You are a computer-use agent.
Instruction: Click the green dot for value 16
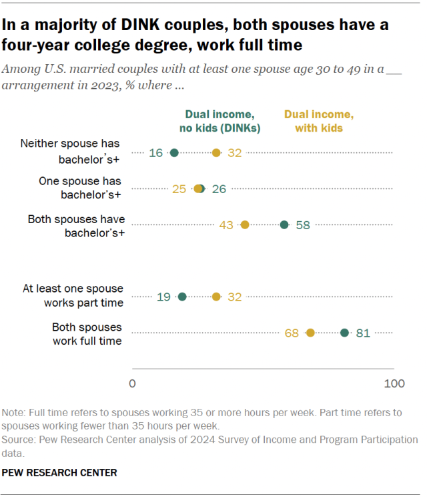(174, 153)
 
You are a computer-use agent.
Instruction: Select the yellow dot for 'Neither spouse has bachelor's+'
(216, 153)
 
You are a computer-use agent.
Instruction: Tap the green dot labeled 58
(284, 225)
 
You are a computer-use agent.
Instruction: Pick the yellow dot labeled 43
(245, 225)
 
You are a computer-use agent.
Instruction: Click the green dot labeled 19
(182, 296)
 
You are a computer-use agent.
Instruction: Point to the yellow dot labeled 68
(310, 332)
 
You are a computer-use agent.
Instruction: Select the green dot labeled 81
(344, 332)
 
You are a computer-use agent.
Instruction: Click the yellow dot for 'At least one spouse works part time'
(216, 296)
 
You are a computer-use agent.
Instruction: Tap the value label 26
(220, 189)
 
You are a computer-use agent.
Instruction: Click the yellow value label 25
(179, 189)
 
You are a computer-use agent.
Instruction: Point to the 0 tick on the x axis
(132, 384)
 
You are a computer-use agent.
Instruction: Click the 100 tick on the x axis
(394, 384)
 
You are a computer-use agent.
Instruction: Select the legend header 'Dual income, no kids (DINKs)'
(222, 121)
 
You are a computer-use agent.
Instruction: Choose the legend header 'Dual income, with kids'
(314, 121)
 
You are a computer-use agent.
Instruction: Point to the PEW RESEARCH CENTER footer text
(60, 472)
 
